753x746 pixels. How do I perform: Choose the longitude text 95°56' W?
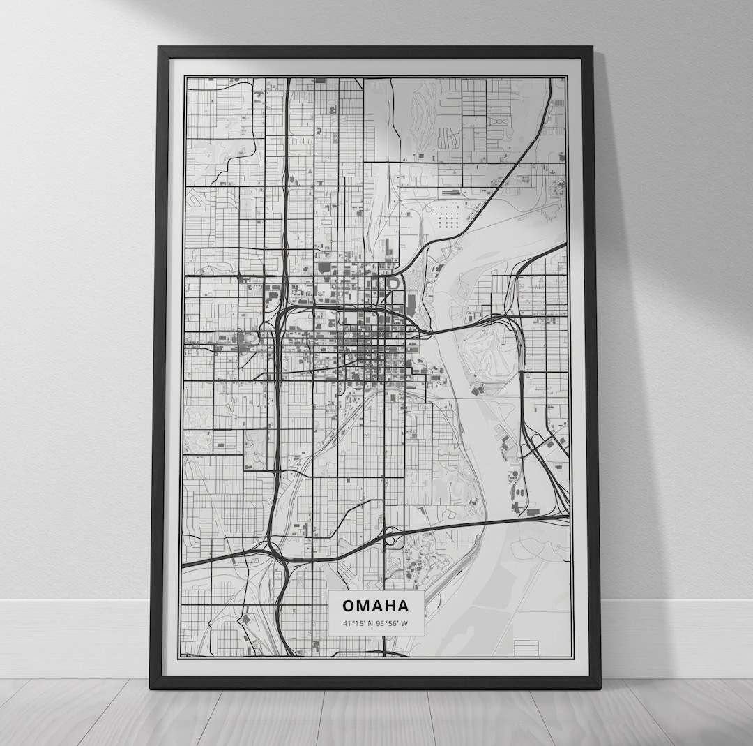393,623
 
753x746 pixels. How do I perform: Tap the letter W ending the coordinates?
405,623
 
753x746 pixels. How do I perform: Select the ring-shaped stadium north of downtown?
393,283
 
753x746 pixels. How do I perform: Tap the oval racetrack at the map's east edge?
559,187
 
